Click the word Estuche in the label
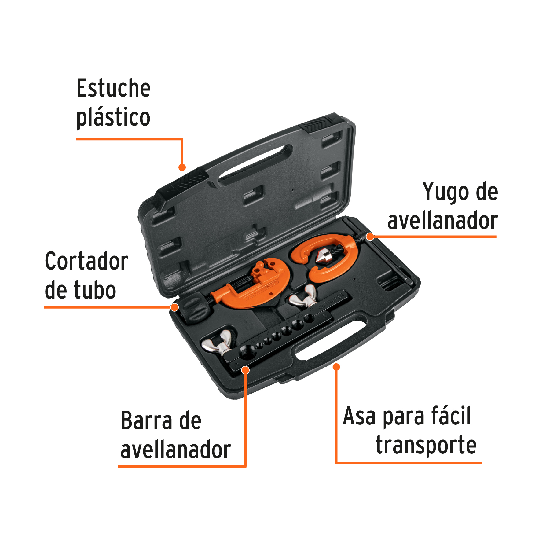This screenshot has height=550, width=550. pyautogui.click(x=113, y=88)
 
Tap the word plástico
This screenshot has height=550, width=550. pyautogui.click(x=113, y=118)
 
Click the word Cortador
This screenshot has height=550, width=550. pyautogui.click(x=86, y=261)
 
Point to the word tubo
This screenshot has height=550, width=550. pyautogui.click(x=94, y=290)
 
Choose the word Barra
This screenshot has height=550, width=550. pyautogui.click(x=146, y=421)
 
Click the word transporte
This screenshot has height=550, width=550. pyautogui.click(x=426, y=445)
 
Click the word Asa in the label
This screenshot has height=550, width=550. pyautogui.click(x=359, y=416)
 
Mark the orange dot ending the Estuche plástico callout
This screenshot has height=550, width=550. pyautogui.click(x=182, y=167)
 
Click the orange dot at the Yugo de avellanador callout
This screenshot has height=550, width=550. pyautogui.click(x=370, y=237)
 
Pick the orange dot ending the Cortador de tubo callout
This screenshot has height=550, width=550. pyautogui.click(x=174, y=307)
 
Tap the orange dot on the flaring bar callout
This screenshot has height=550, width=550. pyautogui.click(x=245, y=370)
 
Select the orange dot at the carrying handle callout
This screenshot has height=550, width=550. pyautogui.click(x=336, y=367)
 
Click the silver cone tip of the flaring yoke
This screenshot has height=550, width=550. pyautogui.click(x=321, y=257)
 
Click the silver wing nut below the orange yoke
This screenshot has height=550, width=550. pyautogui.click(x=304, y=296)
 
